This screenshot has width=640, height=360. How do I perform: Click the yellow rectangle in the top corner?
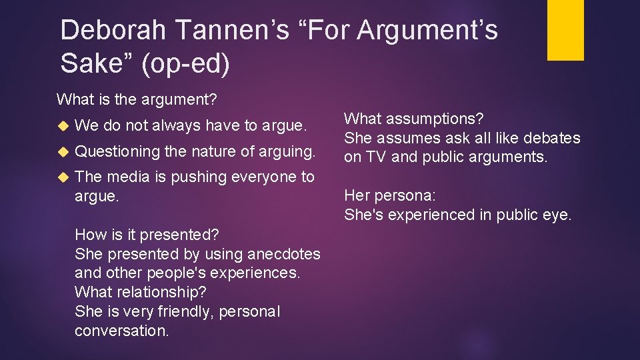(565, 30)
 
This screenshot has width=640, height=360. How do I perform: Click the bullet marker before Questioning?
(63, 151)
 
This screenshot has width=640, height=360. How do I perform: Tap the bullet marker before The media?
(63, 177)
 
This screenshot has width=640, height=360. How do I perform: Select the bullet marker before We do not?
(63, 125)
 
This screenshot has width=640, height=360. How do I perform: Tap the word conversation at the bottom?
(121, 331)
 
